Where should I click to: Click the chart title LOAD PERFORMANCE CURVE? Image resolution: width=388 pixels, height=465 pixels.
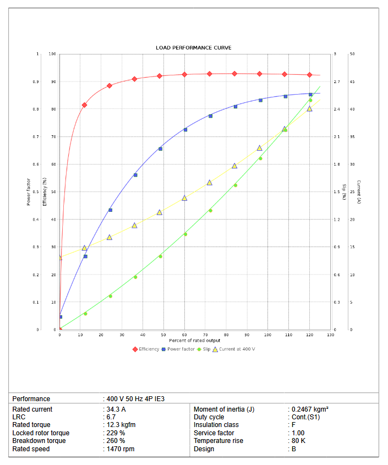[x=193, y=48]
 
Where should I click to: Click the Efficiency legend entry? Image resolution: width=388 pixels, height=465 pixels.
[x=149, y=349]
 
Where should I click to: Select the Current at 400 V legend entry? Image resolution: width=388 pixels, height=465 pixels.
[x=237, y=349]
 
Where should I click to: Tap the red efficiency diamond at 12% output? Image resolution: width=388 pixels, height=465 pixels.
[x=84, y=105]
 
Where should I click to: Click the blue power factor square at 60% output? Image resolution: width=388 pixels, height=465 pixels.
[x=185, y=130]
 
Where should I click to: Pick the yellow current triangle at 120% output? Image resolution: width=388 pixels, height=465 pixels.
[x=309, y=108]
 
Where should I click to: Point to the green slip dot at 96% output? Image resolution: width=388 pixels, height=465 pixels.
[x=260, y=158]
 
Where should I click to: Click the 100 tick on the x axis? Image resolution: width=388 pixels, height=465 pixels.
[x=268, y=335]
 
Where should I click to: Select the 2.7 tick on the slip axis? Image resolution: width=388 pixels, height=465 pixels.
[x=337, y=82]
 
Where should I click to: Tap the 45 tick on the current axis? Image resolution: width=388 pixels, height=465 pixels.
[x=352, y=82]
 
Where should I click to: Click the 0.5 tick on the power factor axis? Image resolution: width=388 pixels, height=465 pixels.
[x=37, y=192]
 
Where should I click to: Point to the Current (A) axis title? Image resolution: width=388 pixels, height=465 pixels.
[x=358, y=192]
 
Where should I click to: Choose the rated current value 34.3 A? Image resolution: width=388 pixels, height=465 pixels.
[x=115, y=409]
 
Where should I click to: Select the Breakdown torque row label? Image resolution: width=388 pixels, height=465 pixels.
[x=39, y=441]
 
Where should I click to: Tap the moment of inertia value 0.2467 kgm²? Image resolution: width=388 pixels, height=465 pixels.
[x=310, y=409]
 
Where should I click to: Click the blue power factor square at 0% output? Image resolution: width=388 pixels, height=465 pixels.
[x=60, y=316]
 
